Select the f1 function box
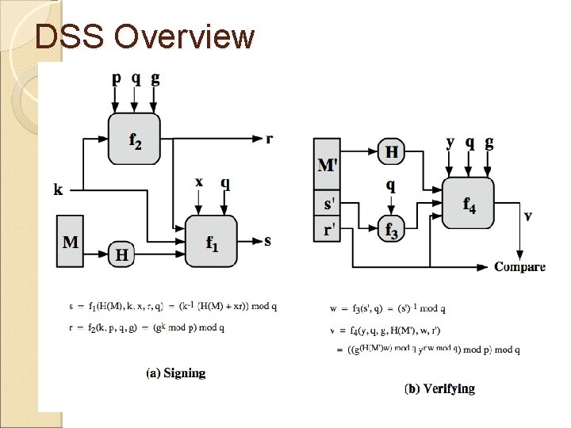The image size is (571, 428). (211, 240)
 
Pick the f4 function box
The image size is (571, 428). (469, 203)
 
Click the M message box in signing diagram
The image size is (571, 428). (71, 240)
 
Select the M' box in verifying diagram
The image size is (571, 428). (327, 165)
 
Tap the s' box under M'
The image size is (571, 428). (327, 203)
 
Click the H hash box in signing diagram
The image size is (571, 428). (121, 254)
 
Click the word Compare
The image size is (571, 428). (520, 266)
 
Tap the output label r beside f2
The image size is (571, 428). (270, 139)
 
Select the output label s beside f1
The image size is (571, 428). (267, 240)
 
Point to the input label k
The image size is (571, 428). (59, 189)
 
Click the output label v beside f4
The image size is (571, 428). (528, 216)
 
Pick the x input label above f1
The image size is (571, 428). (199, 182)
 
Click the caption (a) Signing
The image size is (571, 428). (175, 373)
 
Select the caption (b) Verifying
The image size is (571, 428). (439, 388)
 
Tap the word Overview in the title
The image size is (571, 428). (184, 36)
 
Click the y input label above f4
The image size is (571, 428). (450, 143)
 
